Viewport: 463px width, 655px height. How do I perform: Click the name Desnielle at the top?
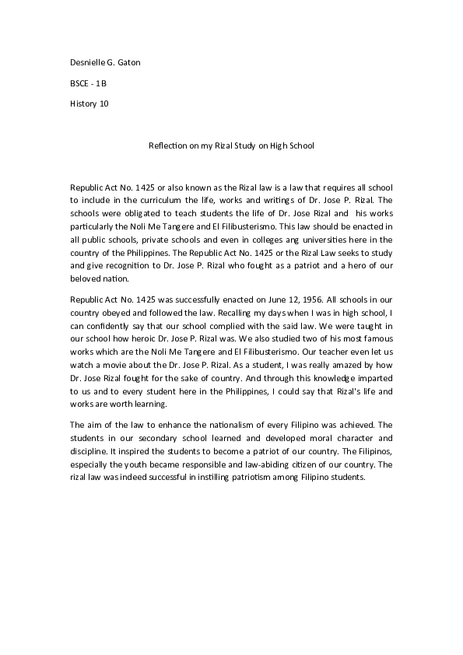[88, 62]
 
